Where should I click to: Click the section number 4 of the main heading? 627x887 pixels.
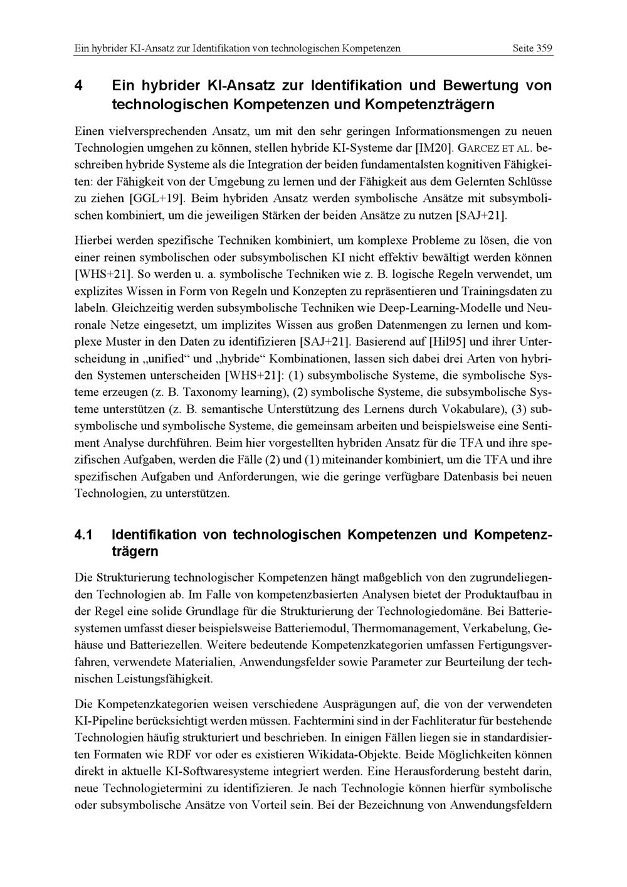point(78,85)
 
